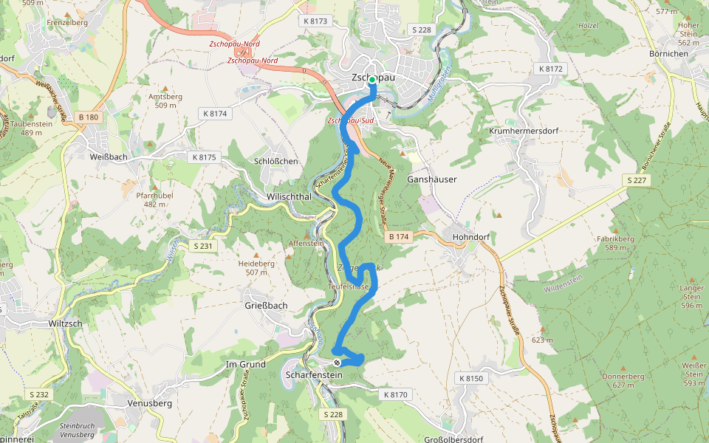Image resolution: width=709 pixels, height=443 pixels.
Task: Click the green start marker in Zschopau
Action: pos(373,80)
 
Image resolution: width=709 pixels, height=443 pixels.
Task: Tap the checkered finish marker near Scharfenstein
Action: pos(338,362)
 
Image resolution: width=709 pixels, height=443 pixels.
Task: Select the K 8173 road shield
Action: pos(315,21)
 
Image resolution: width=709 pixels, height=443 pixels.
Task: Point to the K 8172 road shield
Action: pos(550,69)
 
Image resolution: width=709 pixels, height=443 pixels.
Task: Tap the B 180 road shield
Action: pos(87,117)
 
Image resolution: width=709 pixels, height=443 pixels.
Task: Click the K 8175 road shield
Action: pos(204,157)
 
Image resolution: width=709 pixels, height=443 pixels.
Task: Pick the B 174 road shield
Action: pos(398,236)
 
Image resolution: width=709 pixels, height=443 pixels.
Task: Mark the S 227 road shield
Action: pos(637,180)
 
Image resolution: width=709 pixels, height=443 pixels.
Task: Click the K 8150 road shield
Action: pos(470,379)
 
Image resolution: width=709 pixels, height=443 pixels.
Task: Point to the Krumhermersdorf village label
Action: pos(524,131)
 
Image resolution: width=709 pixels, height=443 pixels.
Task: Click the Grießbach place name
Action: pos(265,305)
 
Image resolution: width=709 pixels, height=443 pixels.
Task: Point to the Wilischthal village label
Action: pos(288,197)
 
